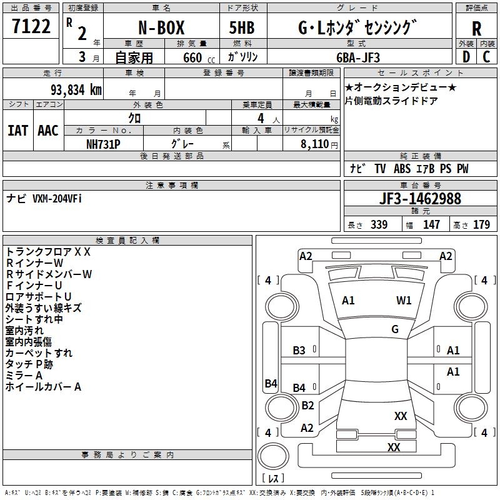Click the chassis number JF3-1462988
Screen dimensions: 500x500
pos(420,199)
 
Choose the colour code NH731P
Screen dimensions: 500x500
pos(103,144)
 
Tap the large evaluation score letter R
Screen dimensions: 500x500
pos(476,29)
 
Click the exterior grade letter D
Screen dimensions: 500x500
pos(466,57)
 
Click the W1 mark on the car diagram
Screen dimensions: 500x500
pos(404,301)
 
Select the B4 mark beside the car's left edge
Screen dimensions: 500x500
pos(271,384)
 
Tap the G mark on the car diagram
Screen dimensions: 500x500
pos(395,329)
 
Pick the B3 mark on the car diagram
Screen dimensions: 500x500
pos(299,351)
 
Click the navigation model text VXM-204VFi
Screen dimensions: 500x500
pos(57,198)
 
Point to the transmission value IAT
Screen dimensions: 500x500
pos(17,130)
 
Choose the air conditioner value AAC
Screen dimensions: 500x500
pos(47,130)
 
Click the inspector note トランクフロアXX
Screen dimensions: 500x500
pos(48,252)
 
